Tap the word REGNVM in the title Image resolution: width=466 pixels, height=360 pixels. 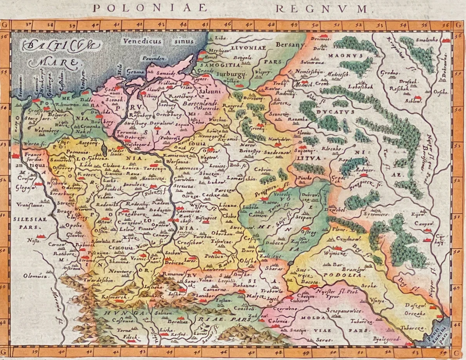(x=322, y=8)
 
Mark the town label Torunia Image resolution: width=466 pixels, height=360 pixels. (x=125, y=132)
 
